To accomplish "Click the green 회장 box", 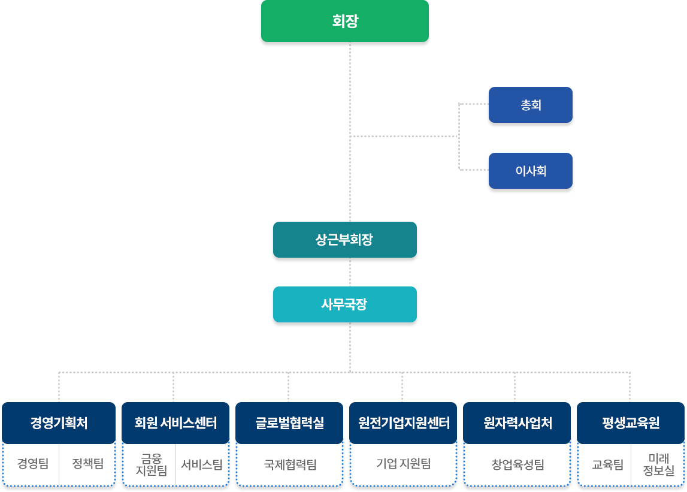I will (x=345, y=22).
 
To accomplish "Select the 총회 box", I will (x=531, y=105).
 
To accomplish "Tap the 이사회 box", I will (x=531, y=171).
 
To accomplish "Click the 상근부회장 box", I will (x=344, y=240).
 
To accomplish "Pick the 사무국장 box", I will (x=344, y=304).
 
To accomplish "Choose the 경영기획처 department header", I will (x=59, y=422).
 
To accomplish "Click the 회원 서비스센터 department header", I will (x=175, y=422).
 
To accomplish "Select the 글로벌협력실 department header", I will (x=289, y=422).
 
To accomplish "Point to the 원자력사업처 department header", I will (x=517, y=422).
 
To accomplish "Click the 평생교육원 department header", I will (x=631, y=422).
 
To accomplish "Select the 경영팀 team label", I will (x=33, y=463).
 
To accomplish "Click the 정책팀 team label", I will (x=87, y=463).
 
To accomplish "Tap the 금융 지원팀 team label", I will (x=151, y=464).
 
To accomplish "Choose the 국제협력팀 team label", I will (x=290, y=464).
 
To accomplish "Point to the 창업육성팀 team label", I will (x=517, y=464).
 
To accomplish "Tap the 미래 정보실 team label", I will (x=658, y=464).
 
